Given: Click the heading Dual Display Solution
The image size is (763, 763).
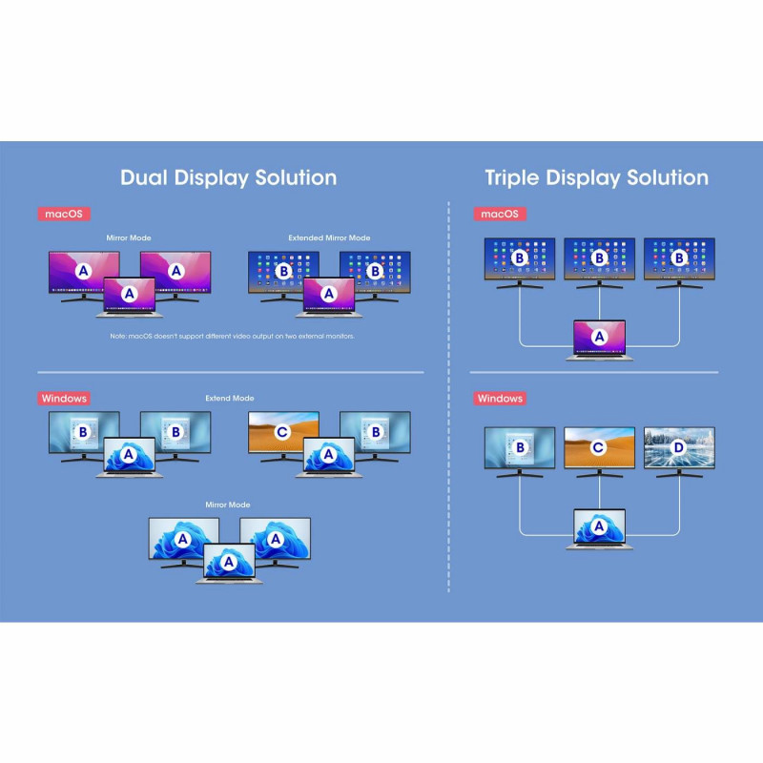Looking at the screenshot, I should coord(228,177).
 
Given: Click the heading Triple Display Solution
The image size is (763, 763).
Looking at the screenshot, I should coord(596,177).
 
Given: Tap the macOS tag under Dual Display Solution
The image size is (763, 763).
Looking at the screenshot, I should coord(64,214).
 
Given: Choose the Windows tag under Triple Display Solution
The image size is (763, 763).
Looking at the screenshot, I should coord(500,398).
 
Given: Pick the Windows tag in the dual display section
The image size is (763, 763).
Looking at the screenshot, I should coord(64,398).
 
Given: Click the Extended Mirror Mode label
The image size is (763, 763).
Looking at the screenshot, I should coord(329,237).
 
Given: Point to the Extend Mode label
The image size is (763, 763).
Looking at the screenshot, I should coord(229,398).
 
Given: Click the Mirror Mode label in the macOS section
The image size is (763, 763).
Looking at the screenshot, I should coord(128,237).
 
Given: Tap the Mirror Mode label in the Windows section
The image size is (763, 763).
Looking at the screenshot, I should coord(228,504).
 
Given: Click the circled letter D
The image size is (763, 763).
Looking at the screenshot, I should coord(679,446).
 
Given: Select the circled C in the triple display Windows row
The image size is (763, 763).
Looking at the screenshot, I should coord(599,446).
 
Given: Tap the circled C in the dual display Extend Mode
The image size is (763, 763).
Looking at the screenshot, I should coord(282,431).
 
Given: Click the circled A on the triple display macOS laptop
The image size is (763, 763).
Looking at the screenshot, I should coord(599,336).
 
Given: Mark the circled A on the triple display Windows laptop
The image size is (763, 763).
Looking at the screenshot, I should coord(599,525).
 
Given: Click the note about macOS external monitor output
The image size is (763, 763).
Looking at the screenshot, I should coord(232,337).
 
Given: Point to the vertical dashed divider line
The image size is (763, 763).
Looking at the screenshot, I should coord(448,401).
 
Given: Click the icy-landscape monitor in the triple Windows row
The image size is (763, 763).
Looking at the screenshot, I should coord(679,448).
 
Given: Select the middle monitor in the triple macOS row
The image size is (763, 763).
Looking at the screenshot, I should coord(599,259).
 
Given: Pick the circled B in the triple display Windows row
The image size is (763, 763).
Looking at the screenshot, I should coord(520,446).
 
